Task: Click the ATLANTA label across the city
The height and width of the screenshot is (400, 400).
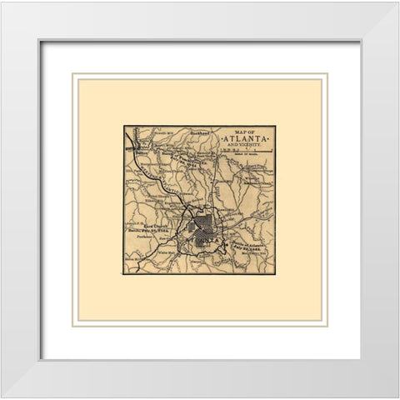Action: [204, 239]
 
